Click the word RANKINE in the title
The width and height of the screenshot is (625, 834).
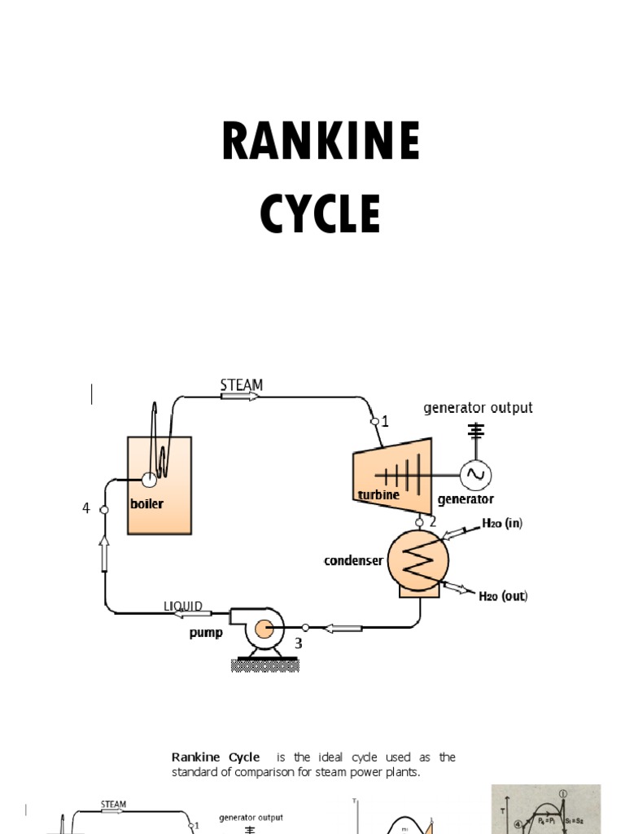click(321, 142)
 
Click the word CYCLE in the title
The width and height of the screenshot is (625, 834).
click(321, 214)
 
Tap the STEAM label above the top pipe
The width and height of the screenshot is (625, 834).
click(242, 384)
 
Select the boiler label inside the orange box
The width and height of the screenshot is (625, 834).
click(146, 504)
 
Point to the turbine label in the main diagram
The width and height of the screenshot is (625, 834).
click(378, 495)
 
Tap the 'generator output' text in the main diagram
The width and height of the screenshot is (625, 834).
click(478, 407)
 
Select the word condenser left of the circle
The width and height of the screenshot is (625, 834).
click(353, 560)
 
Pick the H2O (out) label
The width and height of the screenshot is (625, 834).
click(503, 596)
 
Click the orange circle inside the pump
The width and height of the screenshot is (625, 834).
click(263, 629)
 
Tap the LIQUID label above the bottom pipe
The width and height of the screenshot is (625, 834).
click(183, 607)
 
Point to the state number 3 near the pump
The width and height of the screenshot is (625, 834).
click(299, 643)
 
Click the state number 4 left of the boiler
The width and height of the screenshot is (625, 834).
click(85, 508)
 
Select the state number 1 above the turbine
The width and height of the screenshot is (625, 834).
click(385, 422)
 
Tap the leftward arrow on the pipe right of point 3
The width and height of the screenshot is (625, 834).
click(343, 627)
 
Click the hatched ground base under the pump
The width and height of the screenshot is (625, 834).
click(264, 665)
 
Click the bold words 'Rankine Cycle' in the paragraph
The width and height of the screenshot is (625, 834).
click(216, 757)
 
